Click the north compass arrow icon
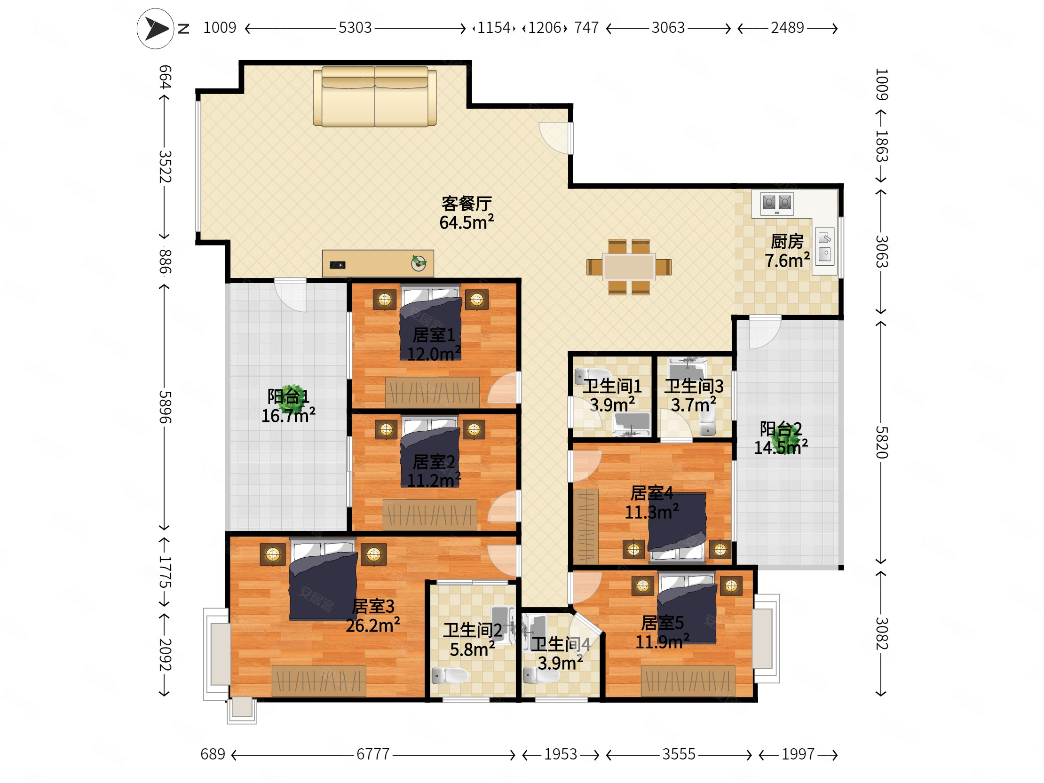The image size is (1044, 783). [156, 29]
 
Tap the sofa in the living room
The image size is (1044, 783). [375, 96]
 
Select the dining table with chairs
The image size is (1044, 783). [629, 267]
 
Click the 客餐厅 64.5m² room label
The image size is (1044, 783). [467, 213]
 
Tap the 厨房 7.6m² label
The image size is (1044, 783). [787, 251]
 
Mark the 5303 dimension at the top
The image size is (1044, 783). [356, 28]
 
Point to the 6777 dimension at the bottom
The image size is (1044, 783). [373, 754]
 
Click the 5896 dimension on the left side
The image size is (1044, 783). [164, 407]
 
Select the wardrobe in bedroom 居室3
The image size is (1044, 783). [319, 681]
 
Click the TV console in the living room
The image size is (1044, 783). [378, 263]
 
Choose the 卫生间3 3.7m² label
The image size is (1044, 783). [694, 395]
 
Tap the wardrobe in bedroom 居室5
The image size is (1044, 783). [688, 681]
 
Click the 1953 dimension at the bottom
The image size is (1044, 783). [561, 754]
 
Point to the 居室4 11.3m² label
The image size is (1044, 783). [652, 503]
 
